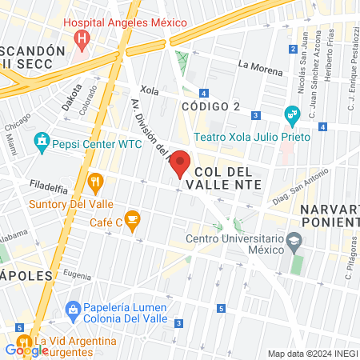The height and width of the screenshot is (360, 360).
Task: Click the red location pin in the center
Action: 182,162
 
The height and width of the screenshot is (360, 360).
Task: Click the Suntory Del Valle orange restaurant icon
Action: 95,182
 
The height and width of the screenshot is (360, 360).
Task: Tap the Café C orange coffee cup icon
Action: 132,218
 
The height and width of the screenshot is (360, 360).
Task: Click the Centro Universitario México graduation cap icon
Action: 294,240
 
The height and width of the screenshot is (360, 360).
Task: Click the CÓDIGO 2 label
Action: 210,106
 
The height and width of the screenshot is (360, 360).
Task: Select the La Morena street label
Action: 260,69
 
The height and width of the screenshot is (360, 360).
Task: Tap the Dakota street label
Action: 71,96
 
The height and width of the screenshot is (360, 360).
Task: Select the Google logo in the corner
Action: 26,350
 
